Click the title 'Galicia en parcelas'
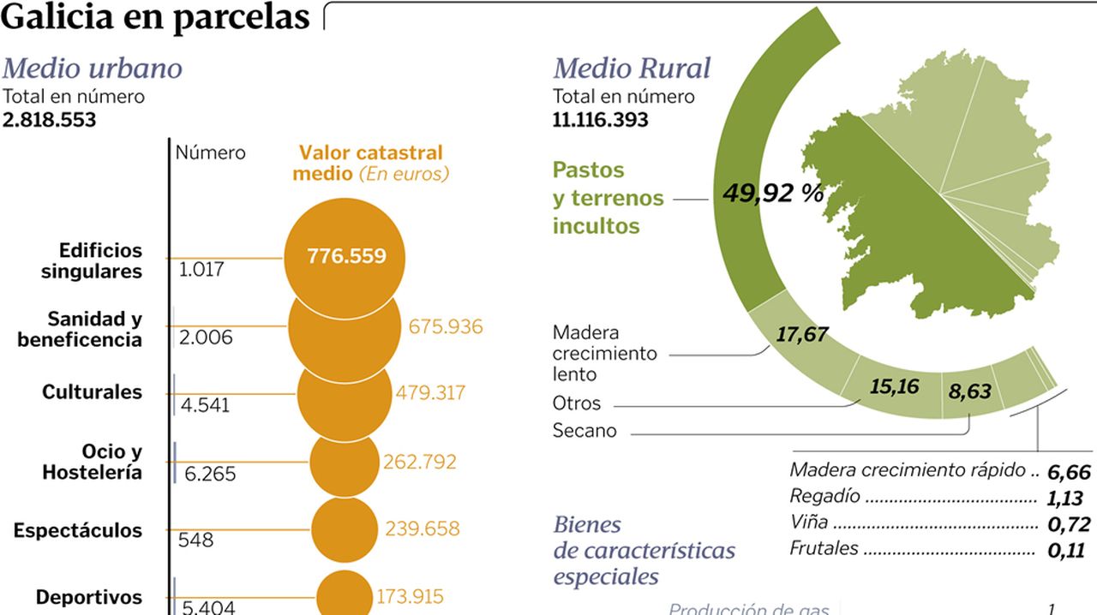pyautogui.click(x=155, y=17)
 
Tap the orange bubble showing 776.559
pyautogui.click(x=345, y=256)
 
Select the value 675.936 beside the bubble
pyautogui.click(x=445, y=327)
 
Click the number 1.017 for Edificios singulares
pyautogui.click(x=201, y=270)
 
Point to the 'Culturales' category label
pyautogui.click(x=92, y=392)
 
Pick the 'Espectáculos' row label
pyautogui.click(x=78, y=531)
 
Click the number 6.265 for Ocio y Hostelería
pyautogui.click(x=210, y=474)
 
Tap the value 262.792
pyautogui.click(x=419, y=463)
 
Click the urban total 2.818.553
pyautogui.click(x=50, y=120)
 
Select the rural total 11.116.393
pyautogui.click(x=601, y=120)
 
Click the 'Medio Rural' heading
pyautogui.click(x=632, y=69)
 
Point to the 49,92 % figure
pyautogui.click(x=771, y=194)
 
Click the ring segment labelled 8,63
pyautogui.click(x=969, y=392)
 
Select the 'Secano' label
pyautogui.click(x=584, y=431)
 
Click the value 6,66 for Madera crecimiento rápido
pyautogui.click(x=1068, y=472)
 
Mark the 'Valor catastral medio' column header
pyautogui.click(x=370, y=163)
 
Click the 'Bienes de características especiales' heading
pyautogui.click(x=644, y=550)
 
